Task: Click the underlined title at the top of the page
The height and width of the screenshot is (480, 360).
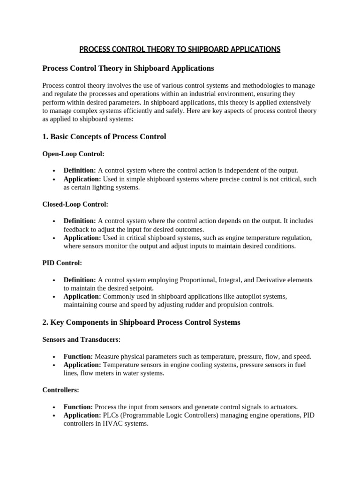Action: click(x=180, y=49)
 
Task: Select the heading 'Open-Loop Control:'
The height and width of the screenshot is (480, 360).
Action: click(x=74, y=154)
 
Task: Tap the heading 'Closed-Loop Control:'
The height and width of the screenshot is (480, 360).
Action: click(x=75, y=204)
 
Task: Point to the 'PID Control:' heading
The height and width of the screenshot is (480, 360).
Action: click(x=62, y=263)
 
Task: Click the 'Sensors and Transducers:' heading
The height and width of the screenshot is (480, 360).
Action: click(x=82, y=339)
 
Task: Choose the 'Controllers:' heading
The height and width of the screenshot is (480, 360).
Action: click(x=61, y=390)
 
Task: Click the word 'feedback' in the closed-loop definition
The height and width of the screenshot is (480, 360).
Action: click(x=77, y=230)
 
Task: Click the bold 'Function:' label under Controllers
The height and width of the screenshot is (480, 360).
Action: click(x=78, y=407)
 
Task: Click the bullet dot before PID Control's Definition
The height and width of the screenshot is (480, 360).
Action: click(x=55, y=280)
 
